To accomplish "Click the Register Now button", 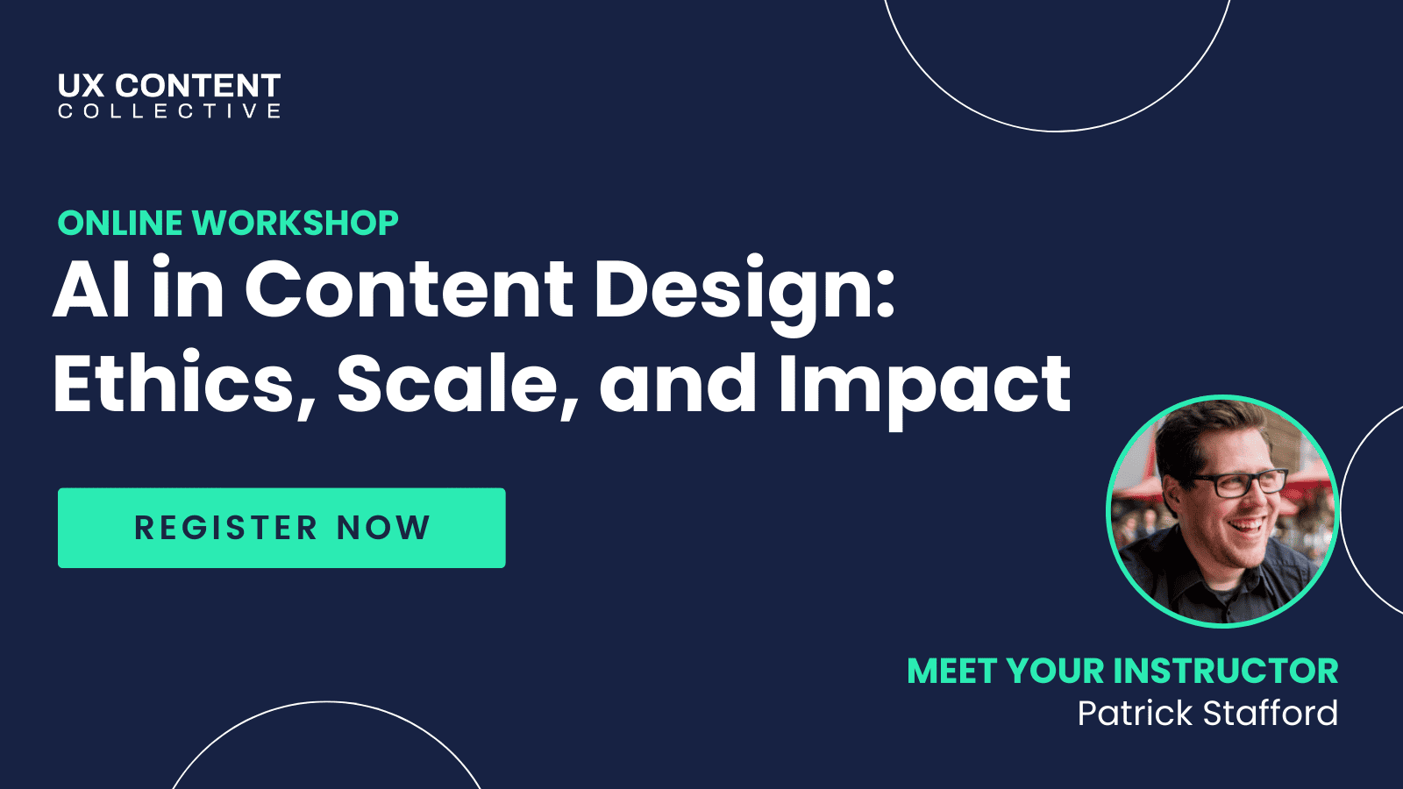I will (281, 528).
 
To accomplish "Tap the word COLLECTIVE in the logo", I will (169, 111).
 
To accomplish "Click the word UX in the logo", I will (81, 86).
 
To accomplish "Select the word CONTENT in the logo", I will (198, 86).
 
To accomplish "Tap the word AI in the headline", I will (91, 290).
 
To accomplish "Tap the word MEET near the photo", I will (952, 672).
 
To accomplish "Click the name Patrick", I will (1135, 714).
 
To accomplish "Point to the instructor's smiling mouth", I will (1249, 527).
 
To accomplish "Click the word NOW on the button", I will (383, 528).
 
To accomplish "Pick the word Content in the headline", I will (409, 290).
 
